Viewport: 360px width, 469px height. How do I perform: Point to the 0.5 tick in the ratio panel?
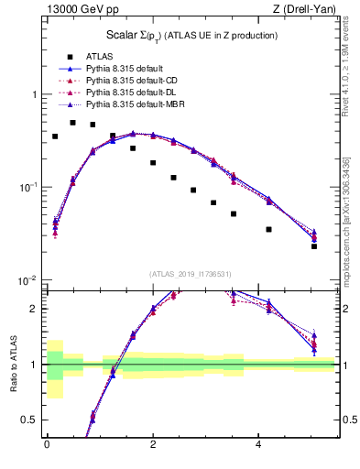point(30,420)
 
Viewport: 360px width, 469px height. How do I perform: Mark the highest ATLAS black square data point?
point(73,122)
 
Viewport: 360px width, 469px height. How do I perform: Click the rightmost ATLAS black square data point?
point(314,246)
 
